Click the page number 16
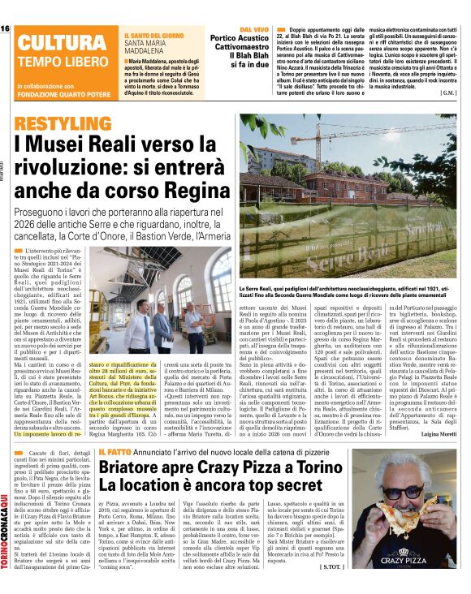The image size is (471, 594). [x=6, y=28]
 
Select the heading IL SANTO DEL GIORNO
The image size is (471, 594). [x=153, y=36]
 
